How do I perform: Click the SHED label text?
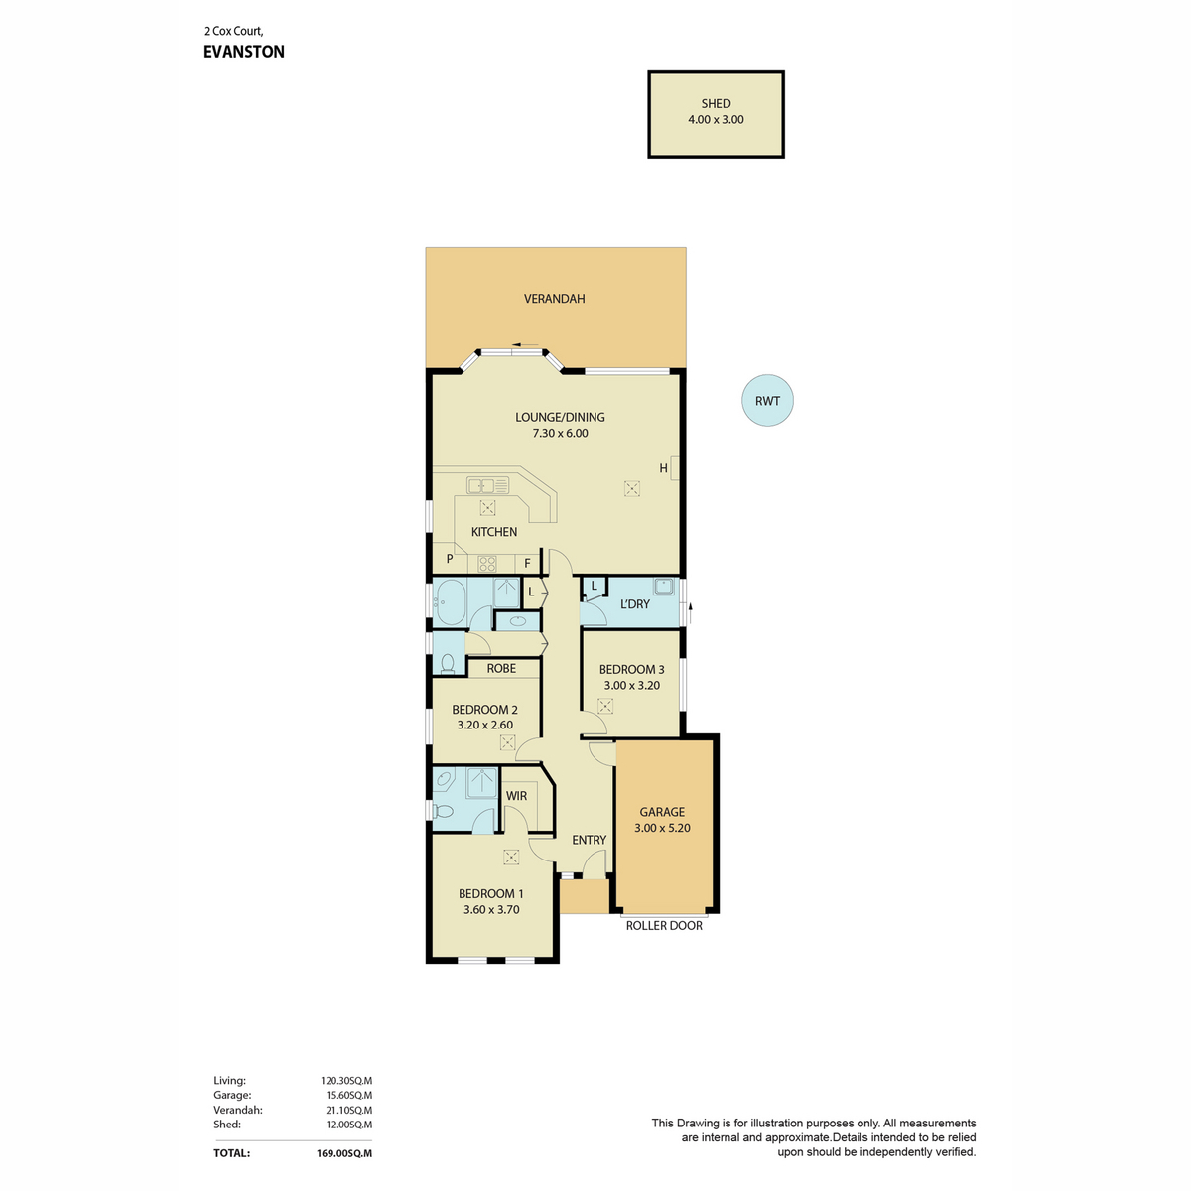click(715, 104)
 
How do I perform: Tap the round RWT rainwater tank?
click(767, 400)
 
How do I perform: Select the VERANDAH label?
click(554, 299)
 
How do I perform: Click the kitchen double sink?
click(487, 485)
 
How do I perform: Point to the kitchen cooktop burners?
click(487, 563)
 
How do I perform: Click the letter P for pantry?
click(450, 558)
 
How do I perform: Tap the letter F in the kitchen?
click(527, 563)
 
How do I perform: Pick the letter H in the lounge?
click(663, 468)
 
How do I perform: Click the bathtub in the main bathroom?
click(449, 602)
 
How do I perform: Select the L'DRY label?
click(635, 603)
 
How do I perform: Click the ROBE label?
click(500, 668)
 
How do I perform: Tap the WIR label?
click(516, 795)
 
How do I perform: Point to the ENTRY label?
click(589, 840)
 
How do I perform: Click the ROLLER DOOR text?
click(664, 925)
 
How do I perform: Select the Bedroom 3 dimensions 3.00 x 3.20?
click(631, 685)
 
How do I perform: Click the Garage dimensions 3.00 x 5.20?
click(662, 828)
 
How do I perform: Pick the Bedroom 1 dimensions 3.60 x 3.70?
click(490, 909)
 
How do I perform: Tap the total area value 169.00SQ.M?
click(344, 1153)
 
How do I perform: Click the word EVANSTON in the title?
click(244, 52)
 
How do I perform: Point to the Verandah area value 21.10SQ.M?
click(349, 1110)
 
